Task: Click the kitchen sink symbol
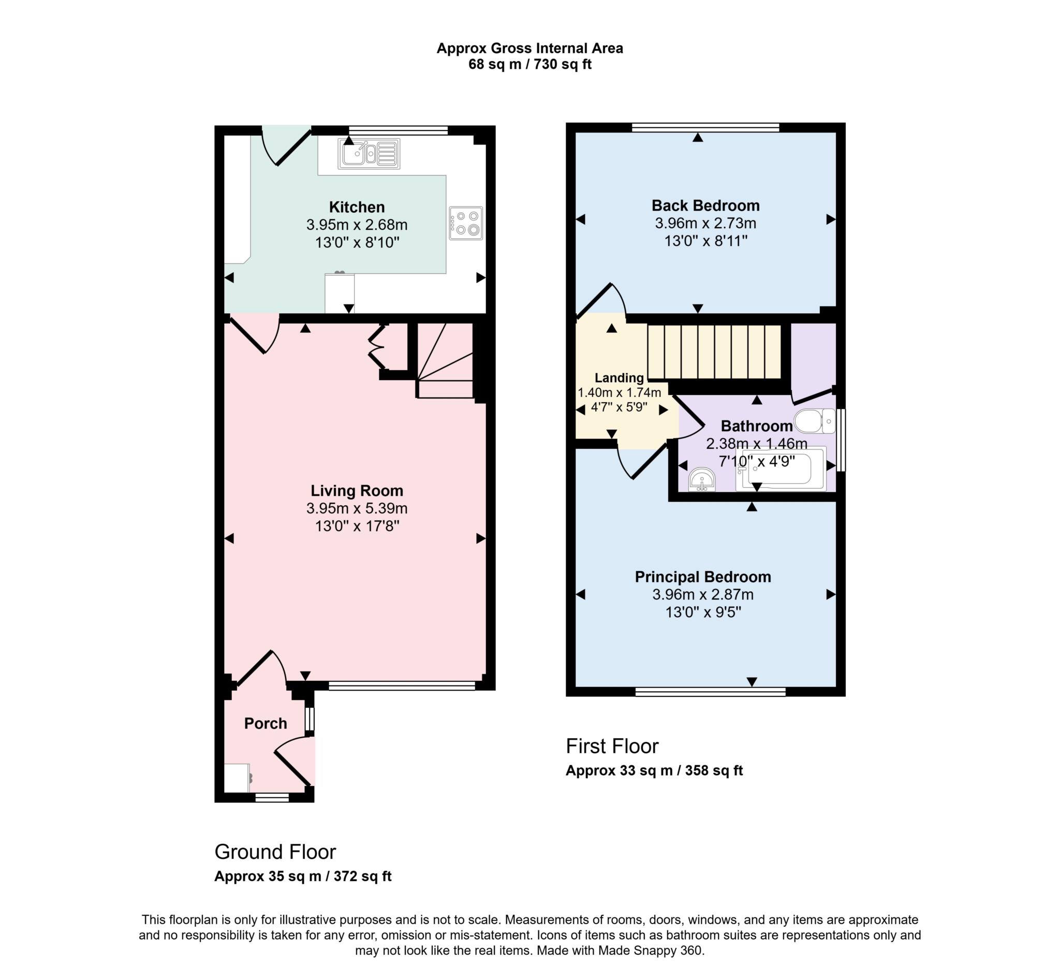coord(369,154)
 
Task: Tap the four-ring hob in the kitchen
coord(465,223)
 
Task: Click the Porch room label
coord(266,723)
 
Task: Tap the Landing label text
coord(619,378)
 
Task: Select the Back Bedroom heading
coord(705,206)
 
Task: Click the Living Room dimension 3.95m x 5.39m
coord(357,508)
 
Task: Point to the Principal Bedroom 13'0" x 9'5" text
coord(702,612)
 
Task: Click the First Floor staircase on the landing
coord(714,352)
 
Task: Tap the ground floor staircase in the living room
coord(445,361)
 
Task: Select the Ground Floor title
coord(275,852)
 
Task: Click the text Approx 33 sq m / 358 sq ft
coord(654,770)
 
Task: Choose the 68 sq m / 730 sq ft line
coord(529,65)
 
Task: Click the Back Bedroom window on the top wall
coord(705,127)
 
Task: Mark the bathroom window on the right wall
coord(841,439)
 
